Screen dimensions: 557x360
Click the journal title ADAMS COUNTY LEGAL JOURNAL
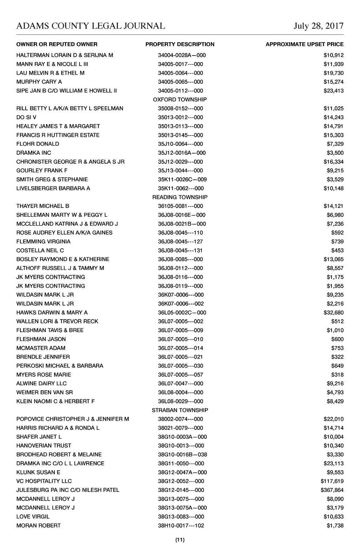pos(91,26)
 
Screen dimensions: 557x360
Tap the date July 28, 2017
pos(319,26)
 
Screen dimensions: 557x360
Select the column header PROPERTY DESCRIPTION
pos(180,44)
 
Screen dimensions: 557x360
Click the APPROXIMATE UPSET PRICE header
pos(304,44)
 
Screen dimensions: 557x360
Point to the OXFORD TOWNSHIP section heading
pos(180,100)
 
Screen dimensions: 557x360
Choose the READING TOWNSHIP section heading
pos(180,197)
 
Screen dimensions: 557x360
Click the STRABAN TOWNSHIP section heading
pos(180,410)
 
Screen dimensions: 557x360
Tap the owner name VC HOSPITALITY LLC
pos(44,481)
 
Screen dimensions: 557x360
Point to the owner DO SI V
pos(26,117)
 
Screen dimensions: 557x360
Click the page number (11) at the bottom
pos(180,540)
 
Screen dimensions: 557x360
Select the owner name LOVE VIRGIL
pos(33,517)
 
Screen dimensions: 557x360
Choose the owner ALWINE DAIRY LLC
pos(41,384)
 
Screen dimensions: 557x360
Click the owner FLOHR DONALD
pos(38,144)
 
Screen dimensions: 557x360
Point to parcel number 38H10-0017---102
pos(181,526)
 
